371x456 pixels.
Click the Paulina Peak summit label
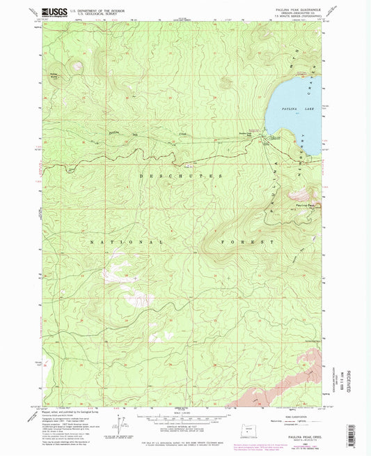[x=306, y=205]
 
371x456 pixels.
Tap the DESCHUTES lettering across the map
[x=184, y=176]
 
